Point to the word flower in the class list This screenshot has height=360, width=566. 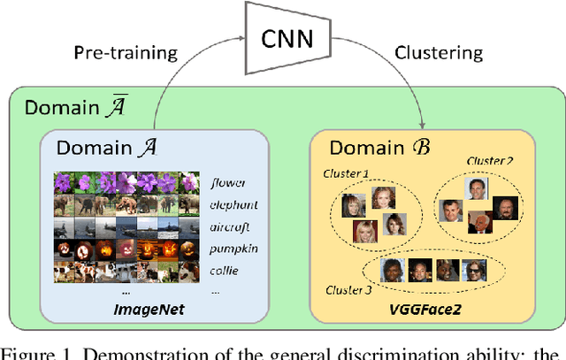tap(229, 184)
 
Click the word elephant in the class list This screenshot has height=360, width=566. tap(233, 205)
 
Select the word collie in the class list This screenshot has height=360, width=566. tap(226, 270)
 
